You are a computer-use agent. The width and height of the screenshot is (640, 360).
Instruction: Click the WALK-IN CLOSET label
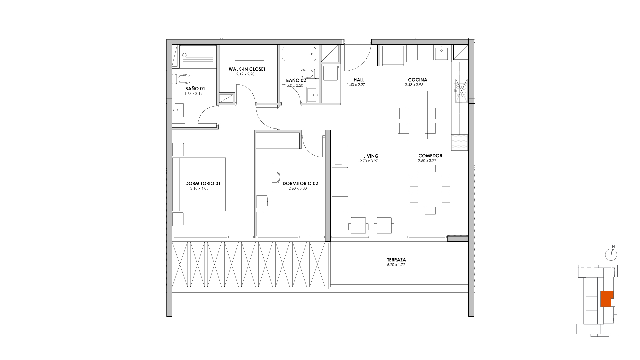pyautogui.click(x=247, y=69)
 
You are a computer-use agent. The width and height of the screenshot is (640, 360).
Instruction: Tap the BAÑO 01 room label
pyautogui.click(x=195, y=89)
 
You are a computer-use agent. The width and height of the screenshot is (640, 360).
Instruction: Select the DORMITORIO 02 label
pyautogui.click(x=300, y=183)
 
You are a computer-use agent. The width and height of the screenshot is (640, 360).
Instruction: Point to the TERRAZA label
pyautogui.click(x=396, y=260)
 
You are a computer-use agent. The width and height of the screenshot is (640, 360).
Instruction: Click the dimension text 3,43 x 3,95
pyautogui.click(x=414, y=85)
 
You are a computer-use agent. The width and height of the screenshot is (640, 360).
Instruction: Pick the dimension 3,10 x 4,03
pyautogui.click(x=199, y=188)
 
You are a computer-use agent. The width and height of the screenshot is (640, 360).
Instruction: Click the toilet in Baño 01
pyautogui.click(x=181, y=79)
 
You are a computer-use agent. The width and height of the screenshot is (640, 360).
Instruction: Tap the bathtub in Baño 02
pyautogui.click(x=299, y=53)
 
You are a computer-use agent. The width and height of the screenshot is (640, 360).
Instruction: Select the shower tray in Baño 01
pyautogui.click(x=198, y=55)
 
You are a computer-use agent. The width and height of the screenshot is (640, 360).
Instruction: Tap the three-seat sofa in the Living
pyautogui.click(x=340, y=189)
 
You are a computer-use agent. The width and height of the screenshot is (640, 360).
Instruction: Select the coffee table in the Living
pyautogui.click(x=372, y=187)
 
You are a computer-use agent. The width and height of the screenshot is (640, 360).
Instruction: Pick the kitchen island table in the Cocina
pyautogui.click(x=417, y=115)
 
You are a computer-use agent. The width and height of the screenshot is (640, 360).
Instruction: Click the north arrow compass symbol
pyautogui.click(x=611, y=254)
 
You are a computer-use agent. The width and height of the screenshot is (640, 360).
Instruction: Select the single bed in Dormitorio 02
pyautogui.click(x=286, y=224)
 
